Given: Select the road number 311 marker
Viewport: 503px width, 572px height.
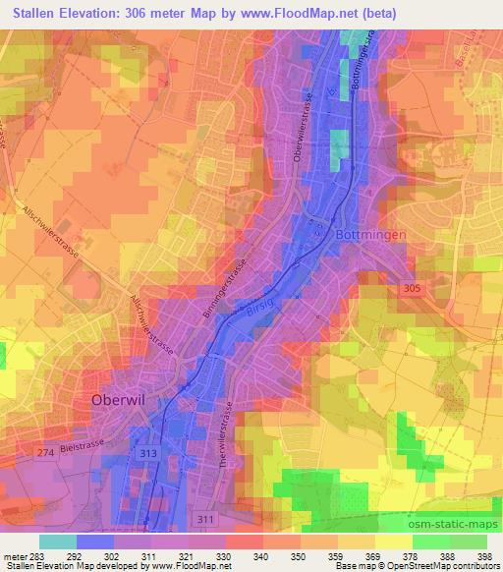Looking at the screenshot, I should pos(203,517).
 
